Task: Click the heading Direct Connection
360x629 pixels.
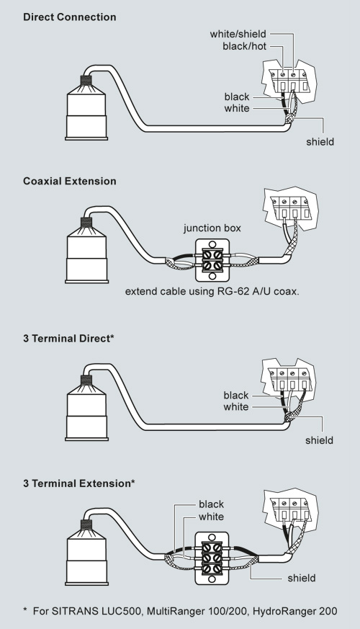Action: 70,17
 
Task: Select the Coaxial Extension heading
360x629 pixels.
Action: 70,181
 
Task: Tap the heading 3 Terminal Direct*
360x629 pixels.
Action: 68,338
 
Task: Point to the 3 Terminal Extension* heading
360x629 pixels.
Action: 79,483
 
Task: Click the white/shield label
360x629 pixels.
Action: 238,34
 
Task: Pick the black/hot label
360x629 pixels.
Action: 245,47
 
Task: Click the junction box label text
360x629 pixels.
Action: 212,228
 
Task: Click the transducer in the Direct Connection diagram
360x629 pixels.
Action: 86,107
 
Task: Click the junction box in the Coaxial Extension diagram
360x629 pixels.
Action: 212,260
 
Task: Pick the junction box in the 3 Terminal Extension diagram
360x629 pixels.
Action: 212,558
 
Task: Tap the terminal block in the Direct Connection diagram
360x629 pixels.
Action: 289,81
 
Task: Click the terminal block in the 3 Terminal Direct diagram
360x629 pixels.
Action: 289,379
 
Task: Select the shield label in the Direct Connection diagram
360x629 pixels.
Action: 320,142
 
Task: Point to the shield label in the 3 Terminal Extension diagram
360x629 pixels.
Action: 302,578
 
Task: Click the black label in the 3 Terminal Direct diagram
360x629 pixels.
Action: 236,396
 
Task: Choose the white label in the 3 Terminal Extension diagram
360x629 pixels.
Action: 211,517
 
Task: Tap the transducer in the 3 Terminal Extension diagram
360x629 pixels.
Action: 86,553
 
